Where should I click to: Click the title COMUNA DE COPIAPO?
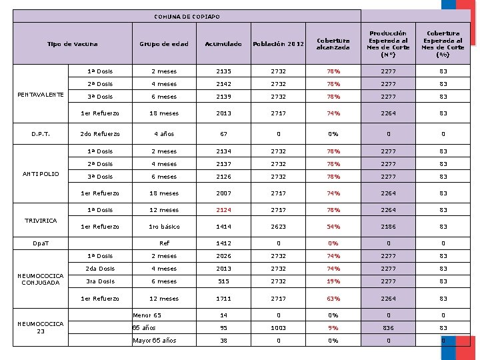pyautogui.click(x=187, y=17)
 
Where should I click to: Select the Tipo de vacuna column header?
pyautogui.click(x=73, y=44)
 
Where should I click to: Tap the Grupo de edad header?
pyautogui.click(x=164, y=44)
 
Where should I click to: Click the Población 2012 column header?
pyautogui.click(x=278, y=44)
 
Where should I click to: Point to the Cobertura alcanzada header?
pyautogui.click(x=333, y=44)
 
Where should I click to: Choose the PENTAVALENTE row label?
pyautogui.click(x=41, y=95)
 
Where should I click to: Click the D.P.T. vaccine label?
pyautogui.click(x=41, y=134)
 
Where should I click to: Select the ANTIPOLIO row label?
pyautogui.click(x=41, y=174)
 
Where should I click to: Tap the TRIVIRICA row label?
pyautogui.click(x=41, y=221)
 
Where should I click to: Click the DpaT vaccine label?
pyautogui.click(x=41, y=243)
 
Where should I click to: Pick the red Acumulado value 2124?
pyautogui.click(x=223, y=210)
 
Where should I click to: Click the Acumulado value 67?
pyautogui.click(x=223, y=134)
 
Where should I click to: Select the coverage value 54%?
pyautogui.click(x=333, y=227)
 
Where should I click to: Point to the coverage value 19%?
pyautogui.click(x=333, y=281)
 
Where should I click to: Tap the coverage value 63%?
pyautogui.click(x=333, y=299)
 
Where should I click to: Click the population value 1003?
pyautogui.click(x=278, y=328)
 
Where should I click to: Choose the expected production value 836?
pyautogui.click(x=388, y=328)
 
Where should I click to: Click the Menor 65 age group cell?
pyautogui.click(x=147, y=315)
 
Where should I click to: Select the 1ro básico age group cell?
pyautogui.click(x=164, y=227)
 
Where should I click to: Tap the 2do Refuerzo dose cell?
pyautogui.click(x=100, y=134)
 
